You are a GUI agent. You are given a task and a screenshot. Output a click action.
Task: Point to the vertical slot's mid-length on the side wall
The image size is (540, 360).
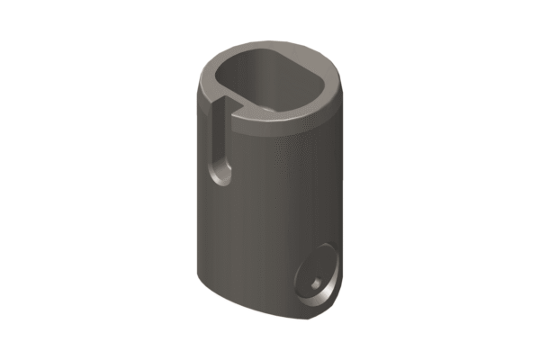point(218,139)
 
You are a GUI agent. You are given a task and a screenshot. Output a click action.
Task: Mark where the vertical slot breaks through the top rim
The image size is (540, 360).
point(220,101)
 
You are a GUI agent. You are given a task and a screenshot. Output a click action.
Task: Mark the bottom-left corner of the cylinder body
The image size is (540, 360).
point(197,274)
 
